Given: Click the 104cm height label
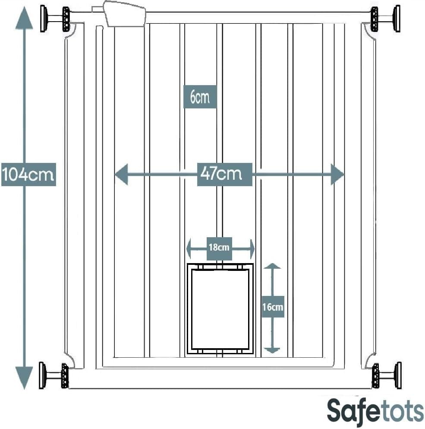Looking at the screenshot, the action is [29, 175].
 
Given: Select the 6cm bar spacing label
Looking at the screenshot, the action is [200, 97].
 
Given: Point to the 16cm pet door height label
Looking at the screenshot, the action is [273, 307].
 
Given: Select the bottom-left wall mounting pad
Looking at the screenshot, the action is [42, 375].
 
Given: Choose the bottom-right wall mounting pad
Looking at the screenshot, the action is [399, 375].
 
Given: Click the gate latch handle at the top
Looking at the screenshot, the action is [124, 14].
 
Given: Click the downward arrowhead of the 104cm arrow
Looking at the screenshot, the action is [24, 378].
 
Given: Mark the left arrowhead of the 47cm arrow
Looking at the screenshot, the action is [121, 174].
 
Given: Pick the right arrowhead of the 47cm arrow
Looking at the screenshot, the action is [337, 174].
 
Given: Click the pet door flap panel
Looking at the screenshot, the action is [220, 309].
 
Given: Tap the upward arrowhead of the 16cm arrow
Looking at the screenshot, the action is [272, 266].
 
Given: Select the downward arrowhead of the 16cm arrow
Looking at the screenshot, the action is [272, 350].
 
